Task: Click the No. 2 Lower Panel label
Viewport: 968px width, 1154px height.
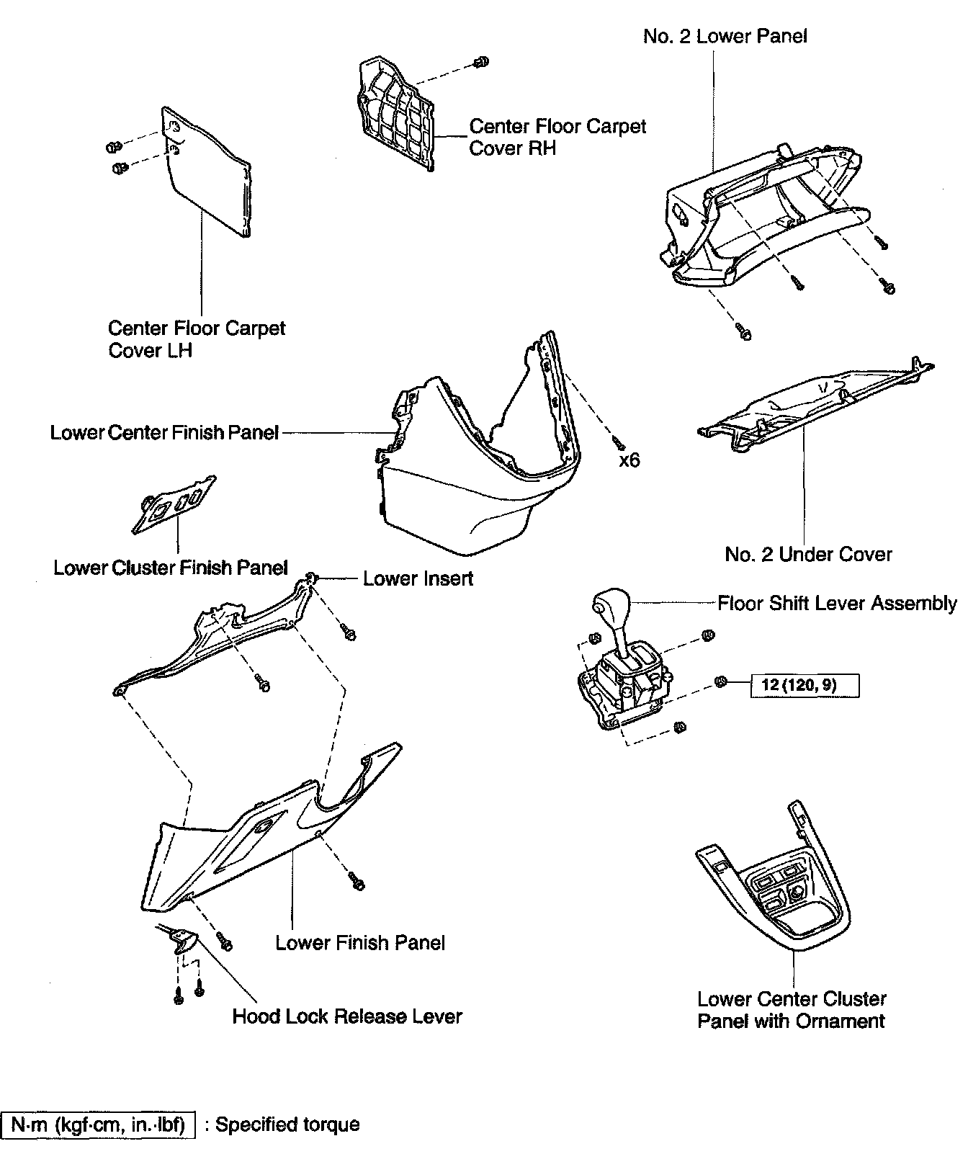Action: [725, 37]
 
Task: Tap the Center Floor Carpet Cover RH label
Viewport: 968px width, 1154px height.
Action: [557, 137]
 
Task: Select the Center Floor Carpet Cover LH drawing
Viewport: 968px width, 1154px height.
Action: [209, 173]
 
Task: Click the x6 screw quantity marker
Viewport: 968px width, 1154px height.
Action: [629, 460]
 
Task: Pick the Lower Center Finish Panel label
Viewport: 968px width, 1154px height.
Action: [164, 433]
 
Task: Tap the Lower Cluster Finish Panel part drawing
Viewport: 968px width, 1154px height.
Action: [174, 504]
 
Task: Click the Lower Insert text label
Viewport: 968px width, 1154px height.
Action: [418, 578]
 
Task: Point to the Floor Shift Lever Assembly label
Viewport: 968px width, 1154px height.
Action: [837, 603]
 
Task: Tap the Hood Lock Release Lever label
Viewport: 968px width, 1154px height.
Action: [346, 1016]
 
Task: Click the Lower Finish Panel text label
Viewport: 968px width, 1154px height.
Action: [360, 943]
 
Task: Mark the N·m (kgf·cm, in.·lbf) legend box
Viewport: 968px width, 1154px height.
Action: [99, 1124]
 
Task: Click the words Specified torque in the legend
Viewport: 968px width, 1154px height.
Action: [287, 1124]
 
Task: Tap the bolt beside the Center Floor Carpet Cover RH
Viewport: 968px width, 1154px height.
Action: [482, 62]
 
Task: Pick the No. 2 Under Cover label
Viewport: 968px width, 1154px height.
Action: [808, 555]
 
